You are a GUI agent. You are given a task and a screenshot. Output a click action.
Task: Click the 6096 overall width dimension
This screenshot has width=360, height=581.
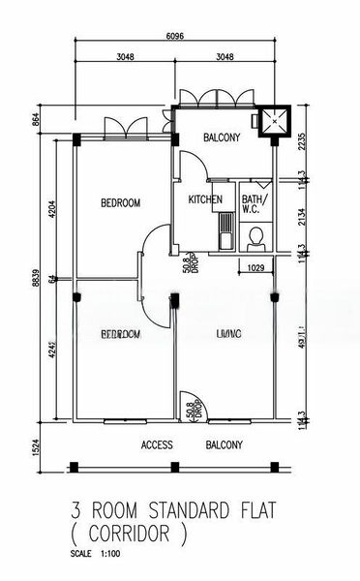click(174, 36)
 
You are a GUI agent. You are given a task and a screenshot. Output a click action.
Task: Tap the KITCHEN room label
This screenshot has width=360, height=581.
click(205, 200)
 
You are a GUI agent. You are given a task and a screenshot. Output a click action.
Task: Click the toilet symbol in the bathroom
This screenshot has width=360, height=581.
click(257, 236)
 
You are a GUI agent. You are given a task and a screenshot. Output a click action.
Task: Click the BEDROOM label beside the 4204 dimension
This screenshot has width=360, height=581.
click(121, 202)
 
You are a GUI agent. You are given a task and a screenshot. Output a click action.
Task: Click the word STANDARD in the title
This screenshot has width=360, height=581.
click(180, 507)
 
